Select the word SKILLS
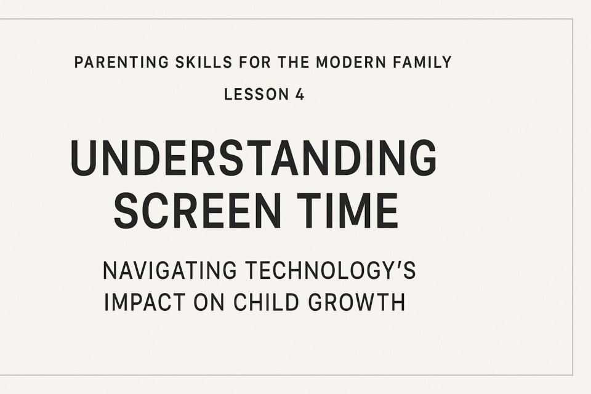[204, 62]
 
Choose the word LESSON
[257, 94]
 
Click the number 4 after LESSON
[300, 94]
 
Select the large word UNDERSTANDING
[254, 157]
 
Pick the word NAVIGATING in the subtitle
[170, 270]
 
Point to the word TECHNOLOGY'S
[331, 270]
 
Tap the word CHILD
[267, 302]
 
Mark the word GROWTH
[357, 302]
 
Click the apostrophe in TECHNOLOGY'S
[399, 265]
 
